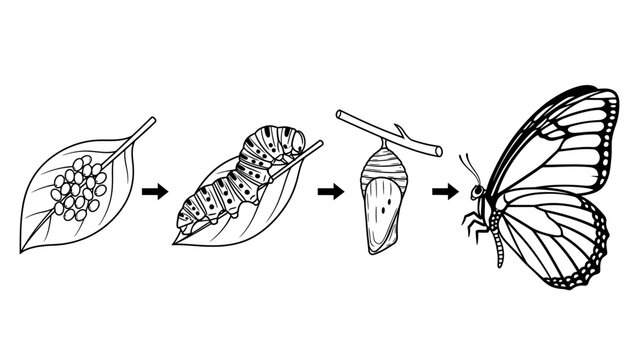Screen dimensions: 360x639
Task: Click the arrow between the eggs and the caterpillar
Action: [x=152, y=192]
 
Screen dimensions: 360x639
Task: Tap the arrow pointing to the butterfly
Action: [x=444, y=190]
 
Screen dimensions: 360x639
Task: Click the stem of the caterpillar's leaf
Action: [x=312, y=149]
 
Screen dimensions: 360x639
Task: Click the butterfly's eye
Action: [x=478, y=191]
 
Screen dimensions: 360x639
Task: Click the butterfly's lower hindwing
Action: [x=550, y=240]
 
